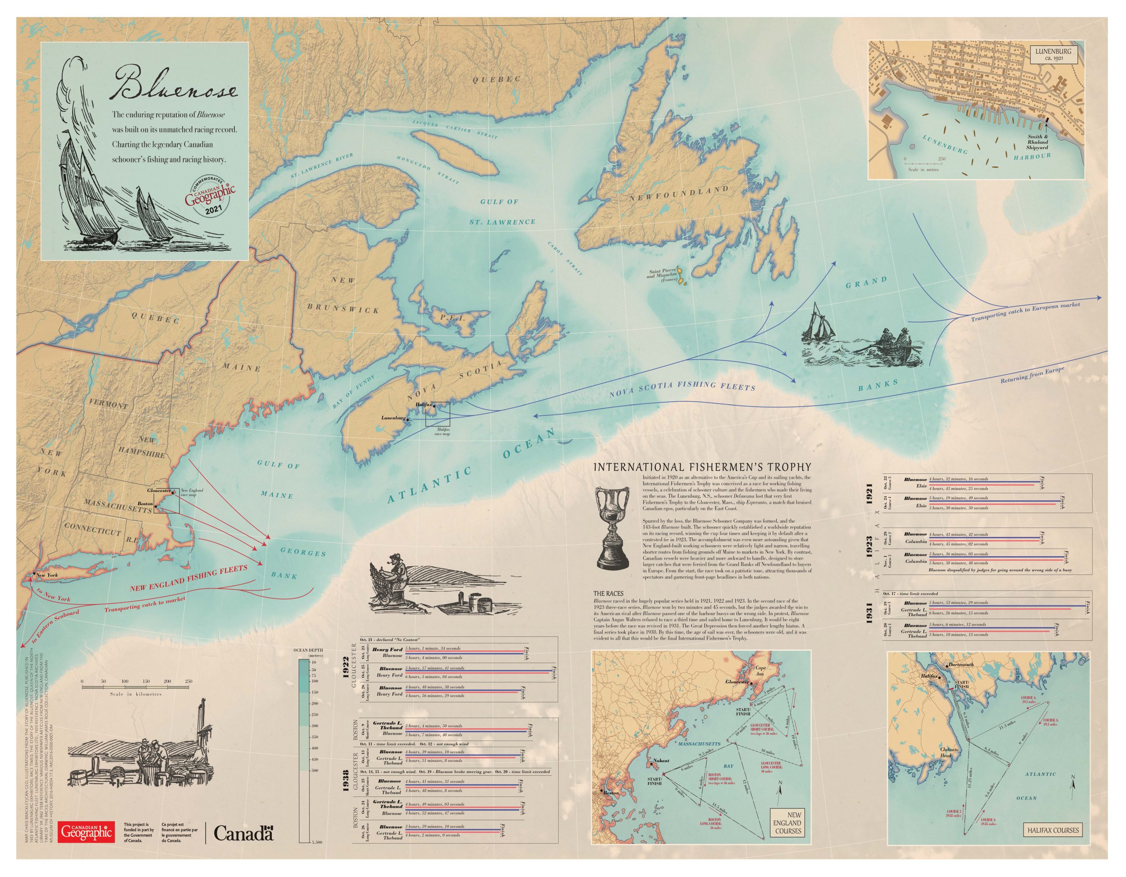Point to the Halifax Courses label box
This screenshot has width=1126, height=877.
coord(1052,830)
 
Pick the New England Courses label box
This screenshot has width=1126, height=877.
coord(787,823)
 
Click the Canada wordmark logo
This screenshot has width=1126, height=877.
coord(243,832)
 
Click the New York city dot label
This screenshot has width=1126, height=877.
coord(45,574)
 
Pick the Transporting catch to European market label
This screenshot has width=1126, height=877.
coord(1025,312)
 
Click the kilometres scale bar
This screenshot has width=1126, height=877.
coord(137,687)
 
